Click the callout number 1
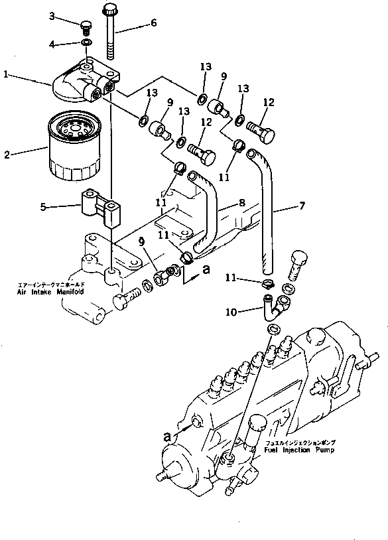point(6,76)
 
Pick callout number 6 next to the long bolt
point(154,23)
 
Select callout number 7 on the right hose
point(302,206)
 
